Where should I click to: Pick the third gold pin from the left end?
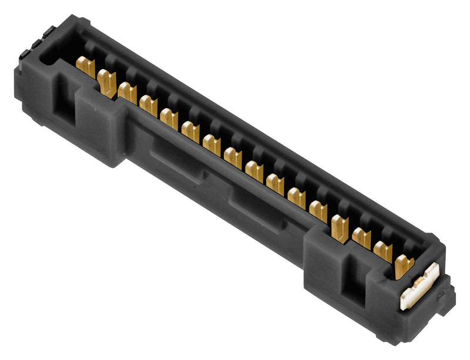click(127, 93)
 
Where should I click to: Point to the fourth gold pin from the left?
click(149, 106)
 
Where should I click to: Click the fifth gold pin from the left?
click(169, 119)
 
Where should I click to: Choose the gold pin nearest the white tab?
click(404, 265)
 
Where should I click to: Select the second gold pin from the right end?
click(382, 251)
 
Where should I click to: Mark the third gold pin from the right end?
click(362, 238)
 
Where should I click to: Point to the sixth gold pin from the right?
click(297, 198)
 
